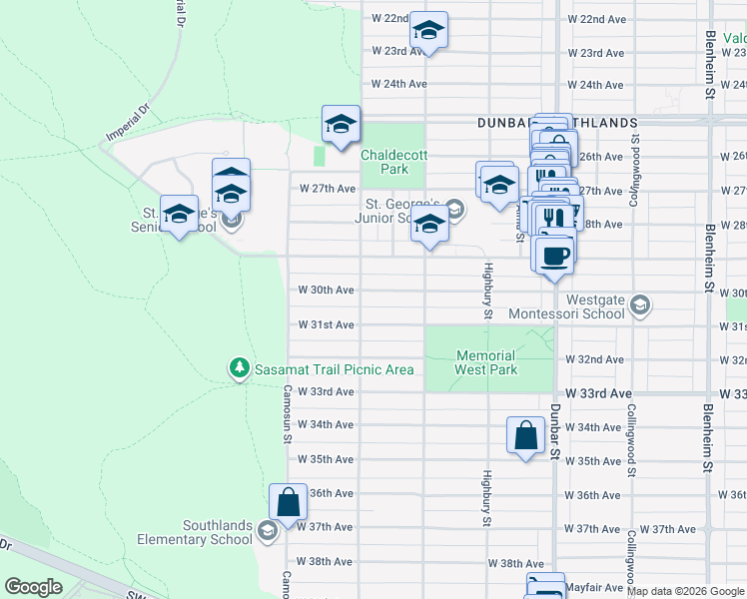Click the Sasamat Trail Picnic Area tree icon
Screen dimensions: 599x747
click(239, 369)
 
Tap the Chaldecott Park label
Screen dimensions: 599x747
click(384, 162)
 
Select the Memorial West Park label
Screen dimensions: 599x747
click(486, 362)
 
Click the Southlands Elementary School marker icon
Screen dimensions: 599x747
click(267, 532)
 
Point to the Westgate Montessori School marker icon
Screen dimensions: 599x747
click(640, 304)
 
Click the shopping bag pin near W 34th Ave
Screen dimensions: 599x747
click(525, 435)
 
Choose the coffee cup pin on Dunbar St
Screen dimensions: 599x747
click(554, 255)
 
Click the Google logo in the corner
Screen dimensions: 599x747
click(33, 587)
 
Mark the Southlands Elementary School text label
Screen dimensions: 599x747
click(217, 532)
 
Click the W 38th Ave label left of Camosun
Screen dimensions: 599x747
click(326, 562)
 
